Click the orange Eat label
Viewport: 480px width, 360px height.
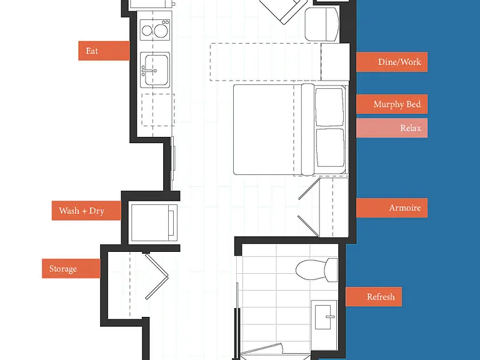pyautogui.click(x=104, y=51)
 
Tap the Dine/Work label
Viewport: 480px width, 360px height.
pyautogui.click(x=392, y=62)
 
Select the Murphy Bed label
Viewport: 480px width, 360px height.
pyautogui.click(x=392, y=104)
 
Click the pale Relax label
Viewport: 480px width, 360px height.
pyautogui.click(x=392, y=128)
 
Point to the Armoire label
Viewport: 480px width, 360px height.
pyautogui.click(x=392, y=207)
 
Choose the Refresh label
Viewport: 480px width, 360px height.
pyautogui.click(x=374, y=297)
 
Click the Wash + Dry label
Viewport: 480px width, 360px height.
pyautogui.click(x=86, y=211)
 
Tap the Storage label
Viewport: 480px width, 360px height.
pyautogui.click(x=71, y=269)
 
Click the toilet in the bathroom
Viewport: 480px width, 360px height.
pyautogui.click(x=316, y=270)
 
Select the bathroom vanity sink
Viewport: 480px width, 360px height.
pyautogui.click(x=324, y=317)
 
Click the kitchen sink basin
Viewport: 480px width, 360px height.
pyautogui.click(x=156, y=70)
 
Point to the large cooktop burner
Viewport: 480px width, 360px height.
pyautogui.click(x=161, y=31)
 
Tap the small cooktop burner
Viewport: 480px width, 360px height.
pyautogui.click(x=147, y=31)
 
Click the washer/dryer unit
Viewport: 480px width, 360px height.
pyautogui.click(x=154, y=223)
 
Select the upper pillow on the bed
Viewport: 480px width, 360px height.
pyautogui.click(x=329, y=106)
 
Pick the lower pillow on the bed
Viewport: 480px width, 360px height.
pyautogui.click(x=330, y=148)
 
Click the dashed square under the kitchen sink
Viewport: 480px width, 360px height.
pyautogui.click(x=158, y=110)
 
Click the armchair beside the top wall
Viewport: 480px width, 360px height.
pyautogui.click(x=322, y=24)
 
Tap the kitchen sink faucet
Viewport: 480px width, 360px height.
pyautogui.click(x=148, y=71)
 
